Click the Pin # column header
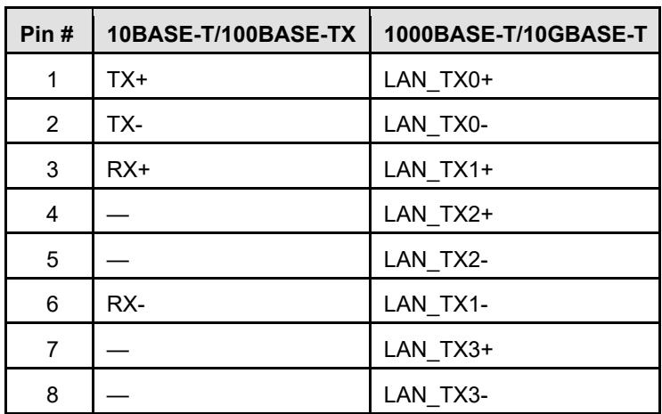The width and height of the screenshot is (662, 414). pyautogui.click(x=47, y=34)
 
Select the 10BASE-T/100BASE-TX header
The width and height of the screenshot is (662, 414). pyautogui.click(x=232, y=34)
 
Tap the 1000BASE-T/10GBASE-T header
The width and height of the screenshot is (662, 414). pyautogui.click(x=515, y=34)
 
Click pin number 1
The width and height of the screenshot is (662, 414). pyautogui.click(x=53, y=80)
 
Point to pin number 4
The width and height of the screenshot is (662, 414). pyautogui.click(x=52, y=214)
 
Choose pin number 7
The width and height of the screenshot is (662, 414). pyautogui.click(x=52, y=349)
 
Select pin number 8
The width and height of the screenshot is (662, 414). pyautogui.click(x=52, y=395)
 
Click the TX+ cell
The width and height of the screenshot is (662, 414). pyautogui.click(x=127, y=80)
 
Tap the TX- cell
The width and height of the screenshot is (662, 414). pyautogui.click(x=125, y=125)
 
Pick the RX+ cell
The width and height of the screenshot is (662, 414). pyautogui.click(x=128, y=170)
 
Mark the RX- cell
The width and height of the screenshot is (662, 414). pyautogui.click(x=126, y=304)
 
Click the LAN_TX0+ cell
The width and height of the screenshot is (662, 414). pyautogui.click(x=438, y=80)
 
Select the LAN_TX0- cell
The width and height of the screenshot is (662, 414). pyautogui.click(x=436, y=125)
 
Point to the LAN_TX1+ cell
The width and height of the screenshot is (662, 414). pyautogui.click(x=438, y=170)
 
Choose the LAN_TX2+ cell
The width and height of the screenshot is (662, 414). pyautogui.click(x=438, y=215)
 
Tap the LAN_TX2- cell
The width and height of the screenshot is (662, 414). pyautogui.click(x=436, y=260)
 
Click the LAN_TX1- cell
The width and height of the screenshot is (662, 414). pyautogui.click(x=436, y=304)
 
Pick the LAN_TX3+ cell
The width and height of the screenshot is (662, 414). pyautogui.click(x=438, y=350)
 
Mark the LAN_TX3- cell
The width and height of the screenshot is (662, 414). pyautogui.click(x=436, y=395)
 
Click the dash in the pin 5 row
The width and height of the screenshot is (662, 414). pyautogui.click(x=118, y=261)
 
